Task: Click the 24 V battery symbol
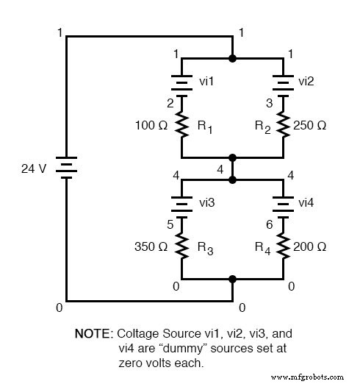(x=67, y=168)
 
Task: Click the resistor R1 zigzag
(x=181, y=127)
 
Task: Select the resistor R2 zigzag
(x=284, y=127)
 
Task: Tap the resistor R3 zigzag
(x=181, y=248)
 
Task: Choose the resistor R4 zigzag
(x=284, y=248)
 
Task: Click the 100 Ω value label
(x=152, y=126)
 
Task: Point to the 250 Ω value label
(x=310, y=126)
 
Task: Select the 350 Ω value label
(x=152, y=247)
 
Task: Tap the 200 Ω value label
(x=310, y=247)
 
